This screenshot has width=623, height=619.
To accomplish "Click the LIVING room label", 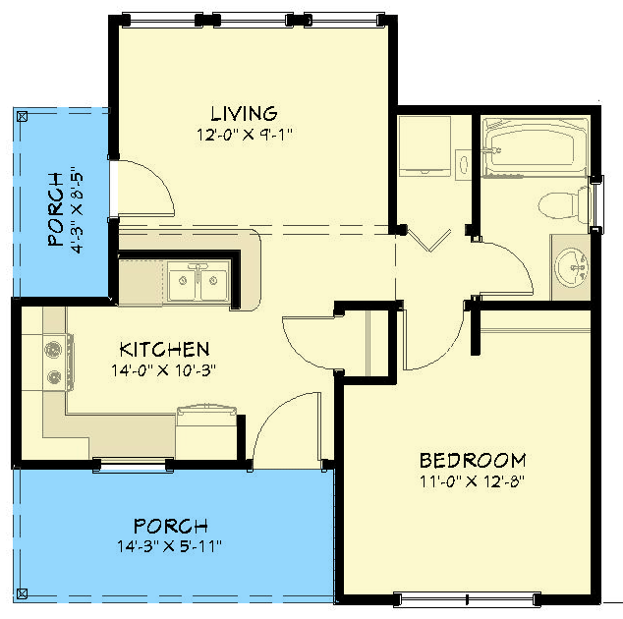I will point(243,114).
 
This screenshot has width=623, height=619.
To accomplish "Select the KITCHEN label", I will point(164,350).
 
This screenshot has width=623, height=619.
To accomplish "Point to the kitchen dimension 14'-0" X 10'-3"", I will point(164,370).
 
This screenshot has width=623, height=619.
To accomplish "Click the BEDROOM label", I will point(472,461).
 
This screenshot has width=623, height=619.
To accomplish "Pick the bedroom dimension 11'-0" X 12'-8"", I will point(472,480).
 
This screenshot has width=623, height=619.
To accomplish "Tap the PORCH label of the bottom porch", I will point(173,526).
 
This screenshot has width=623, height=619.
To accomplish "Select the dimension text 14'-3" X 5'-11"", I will point(173,545).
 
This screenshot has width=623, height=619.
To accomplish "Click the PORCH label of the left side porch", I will point(54,208).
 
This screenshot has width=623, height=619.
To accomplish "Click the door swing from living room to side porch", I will point(142,187).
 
